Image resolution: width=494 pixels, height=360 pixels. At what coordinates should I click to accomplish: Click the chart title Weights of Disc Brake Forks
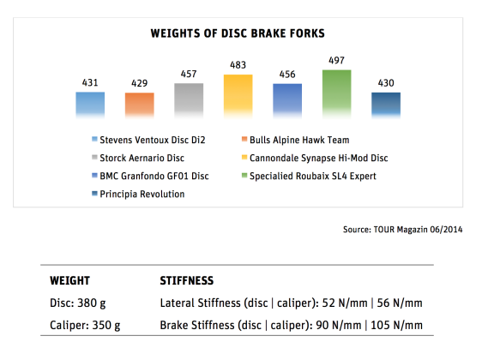coord(238,33)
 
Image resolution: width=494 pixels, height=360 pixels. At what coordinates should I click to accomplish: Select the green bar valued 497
coord(336,94)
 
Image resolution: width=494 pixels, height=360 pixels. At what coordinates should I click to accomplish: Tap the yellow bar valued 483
coord(238,96)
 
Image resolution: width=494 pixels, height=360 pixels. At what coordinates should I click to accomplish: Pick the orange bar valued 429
coord(140,105)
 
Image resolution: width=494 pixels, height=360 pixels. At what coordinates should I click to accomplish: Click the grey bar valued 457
coord(189,100)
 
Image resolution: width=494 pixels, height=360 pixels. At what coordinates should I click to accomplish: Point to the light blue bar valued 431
coord(90,105)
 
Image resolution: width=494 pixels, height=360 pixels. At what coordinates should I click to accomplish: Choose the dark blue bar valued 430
coord(386,105)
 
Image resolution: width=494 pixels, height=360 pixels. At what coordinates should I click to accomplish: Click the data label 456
coord(287,75)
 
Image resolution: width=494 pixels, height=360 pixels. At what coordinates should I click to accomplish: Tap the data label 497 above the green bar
coord(336,60)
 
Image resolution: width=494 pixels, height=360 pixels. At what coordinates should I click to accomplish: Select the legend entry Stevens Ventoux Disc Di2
coord(148,140)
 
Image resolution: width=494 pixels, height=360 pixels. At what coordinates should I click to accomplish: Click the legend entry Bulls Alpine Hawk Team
coord(296,140)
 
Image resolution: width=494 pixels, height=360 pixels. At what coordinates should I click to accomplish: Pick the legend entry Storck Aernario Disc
coord(138,158)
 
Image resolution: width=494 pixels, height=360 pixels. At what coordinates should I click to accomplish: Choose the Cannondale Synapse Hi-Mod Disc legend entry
coord(315,158)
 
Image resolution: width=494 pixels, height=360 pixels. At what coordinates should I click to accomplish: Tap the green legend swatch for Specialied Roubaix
coord(244,176)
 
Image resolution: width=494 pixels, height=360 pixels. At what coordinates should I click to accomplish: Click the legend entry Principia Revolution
coord(138,194)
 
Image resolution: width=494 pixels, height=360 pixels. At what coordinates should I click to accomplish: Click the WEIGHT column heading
coord(70,280)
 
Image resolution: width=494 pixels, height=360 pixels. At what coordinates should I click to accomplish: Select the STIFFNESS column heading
coord(186,280)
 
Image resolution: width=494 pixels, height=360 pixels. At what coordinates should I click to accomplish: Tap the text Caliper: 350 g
coord(85,325)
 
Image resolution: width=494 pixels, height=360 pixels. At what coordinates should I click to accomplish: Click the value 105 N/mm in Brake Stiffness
coord(396,325)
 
